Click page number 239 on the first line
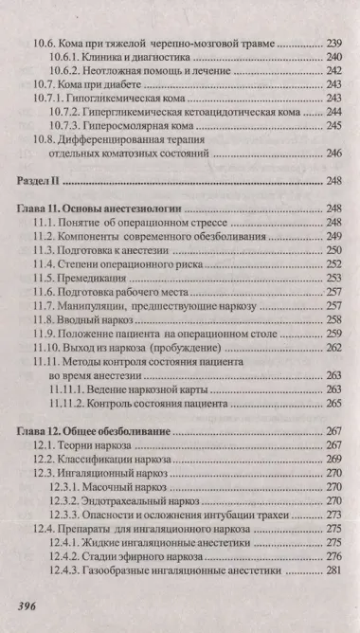(x=333, y=44)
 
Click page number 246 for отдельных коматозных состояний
(x=333, y=153)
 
